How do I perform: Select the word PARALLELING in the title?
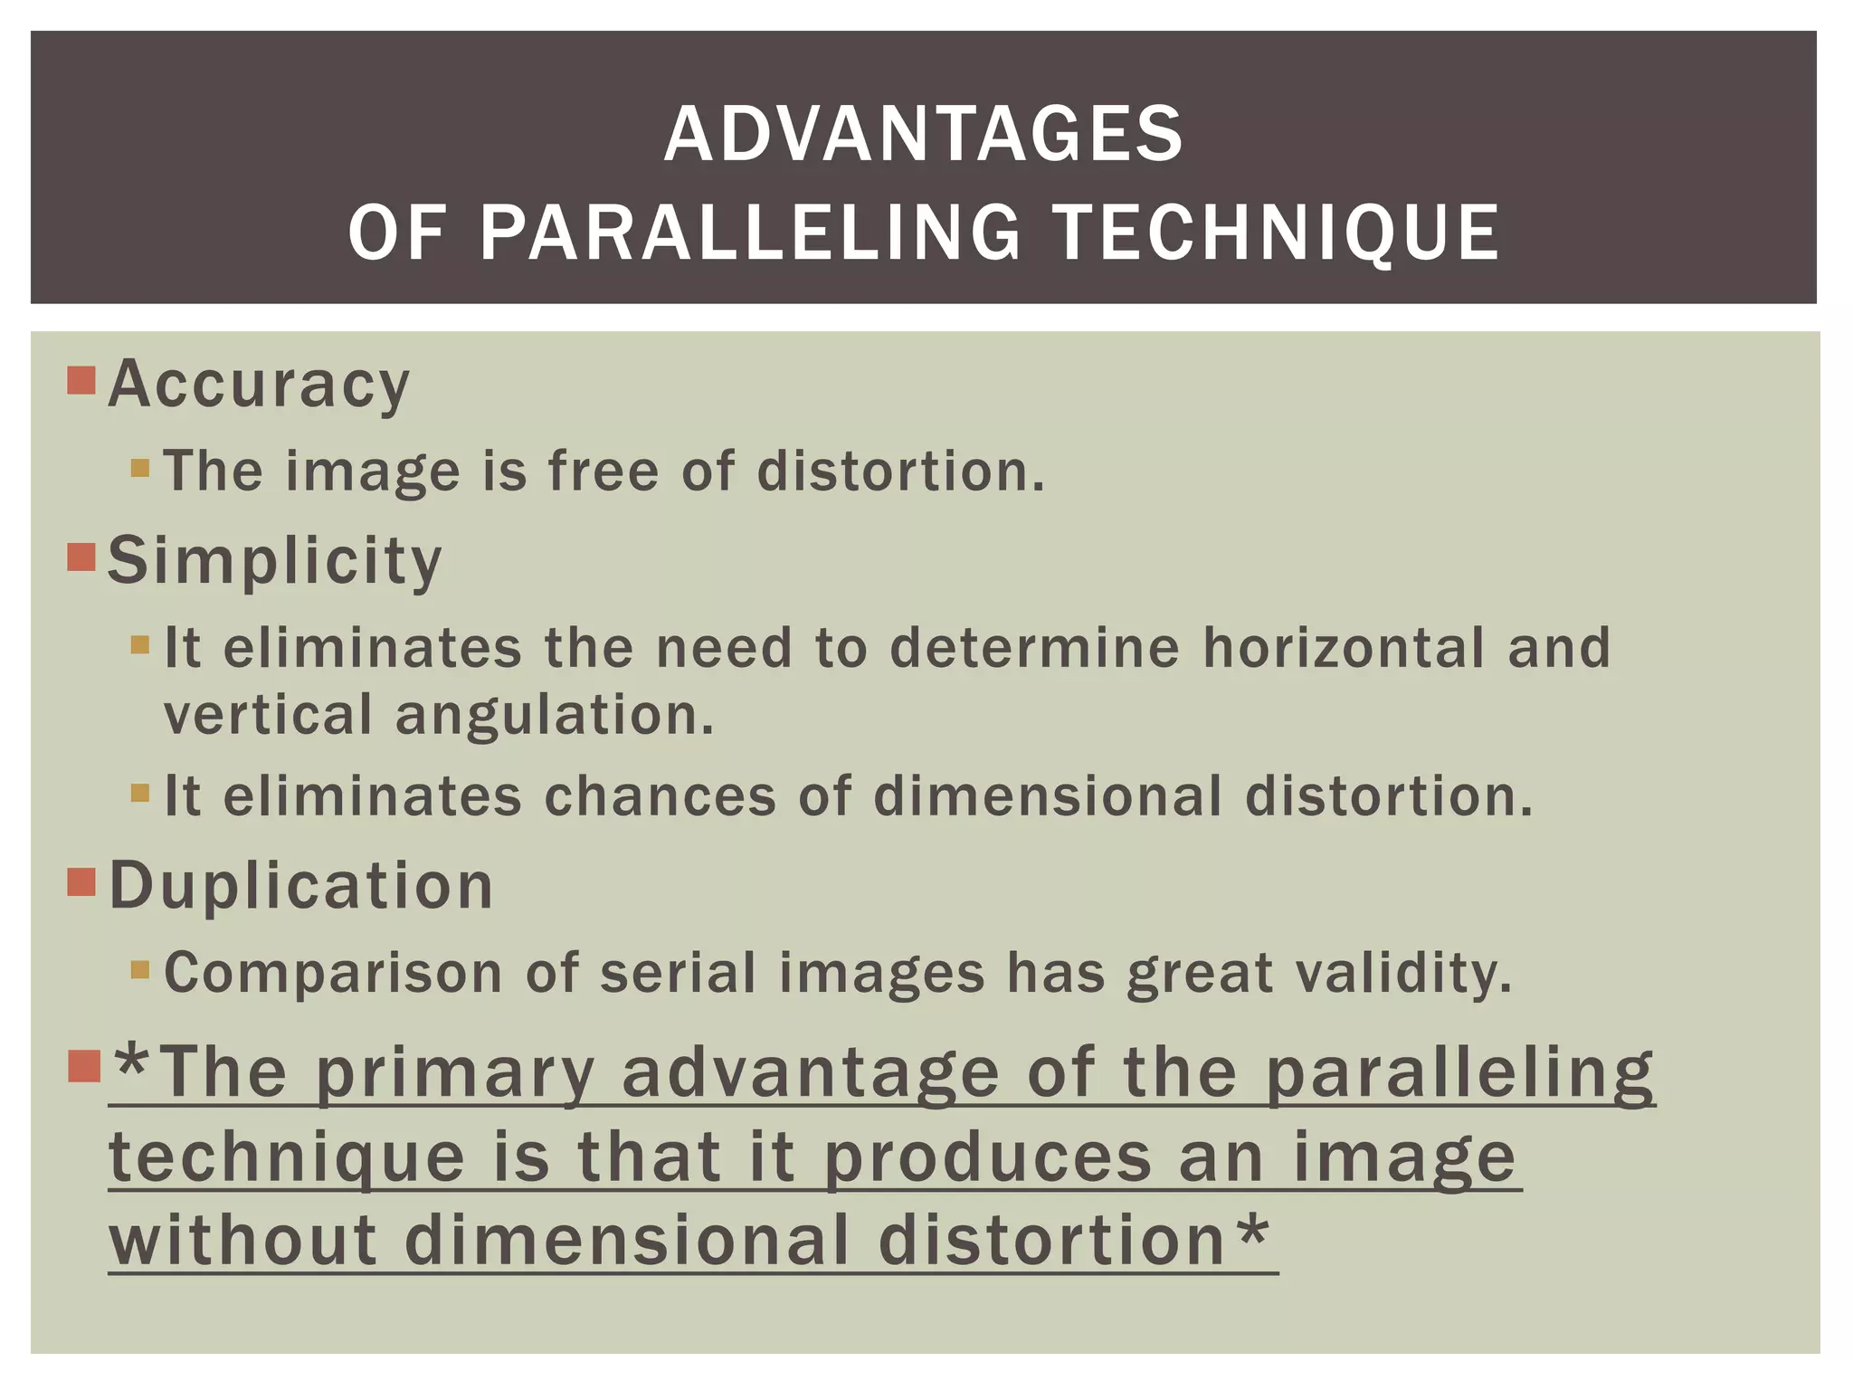(750, 233)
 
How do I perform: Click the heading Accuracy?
(259, 385)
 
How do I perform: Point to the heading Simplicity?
(275, 561)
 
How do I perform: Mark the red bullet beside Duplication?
(81, 881)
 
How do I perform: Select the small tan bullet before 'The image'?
(139, 468)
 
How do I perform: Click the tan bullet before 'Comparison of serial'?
(139, 970)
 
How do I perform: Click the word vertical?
(269, 714)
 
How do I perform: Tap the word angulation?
(555, 716)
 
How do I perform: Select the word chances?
(660, 796)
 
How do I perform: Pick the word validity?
(1403, 975)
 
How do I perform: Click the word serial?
(678, 973)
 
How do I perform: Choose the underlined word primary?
(455, 1074)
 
